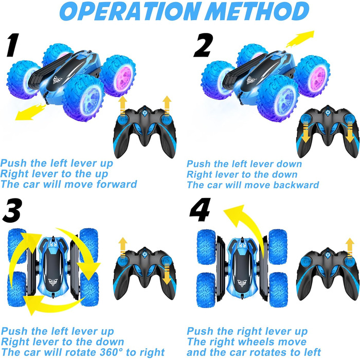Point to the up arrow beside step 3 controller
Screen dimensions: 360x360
pos(122,248)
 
